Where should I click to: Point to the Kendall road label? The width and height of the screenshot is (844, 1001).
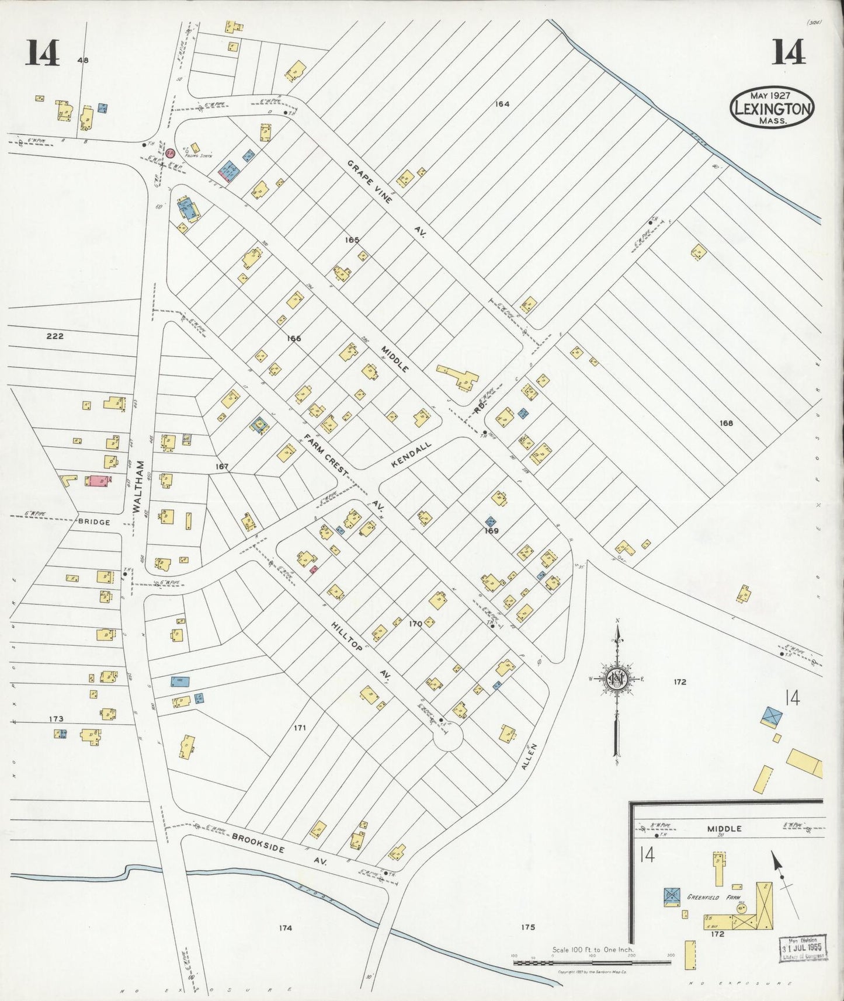(x=411, y=454)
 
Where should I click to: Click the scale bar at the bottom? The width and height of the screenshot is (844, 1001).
(x=592, y=961)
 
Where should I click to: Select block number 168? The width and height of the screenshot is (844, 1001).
(x=726, y=423)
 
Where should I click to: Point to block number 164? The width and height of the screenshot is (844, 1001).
(x=502, y=104)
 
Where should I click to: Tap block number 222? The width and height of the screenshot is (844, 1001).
(x=54, y=336)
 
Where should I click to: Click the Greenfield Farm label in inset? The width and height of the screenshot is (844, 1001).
(x=713, y=896)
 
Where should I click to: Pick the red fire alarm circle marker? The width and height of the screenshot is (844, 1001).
(x=170, y=153)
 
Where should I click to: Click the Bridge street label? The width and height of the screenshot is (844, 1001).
(x=94, y=522)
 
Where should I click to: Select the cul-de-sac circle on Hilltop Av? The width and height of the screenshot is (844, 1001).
(x=448, y=738)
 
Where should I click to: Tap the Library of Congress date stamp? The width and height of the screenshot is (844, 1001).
(x=804, y=947)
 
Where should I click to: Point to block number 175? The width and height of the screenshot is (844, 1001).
(x=527, y=927)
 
